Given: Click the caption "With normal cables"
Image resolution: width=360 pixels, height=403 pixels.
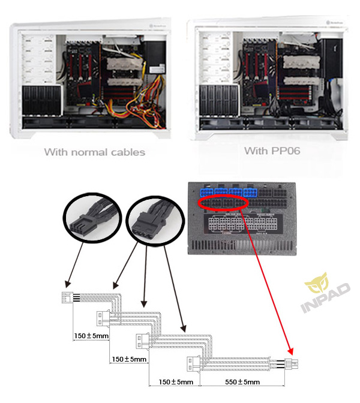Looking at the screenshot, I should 94,152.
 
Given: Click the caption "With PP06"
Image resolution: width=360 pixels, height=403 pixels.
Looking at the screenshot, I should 272,150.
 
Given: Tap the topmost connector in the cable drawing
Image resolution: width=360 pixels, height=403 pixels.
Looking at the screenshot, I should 66,298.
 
